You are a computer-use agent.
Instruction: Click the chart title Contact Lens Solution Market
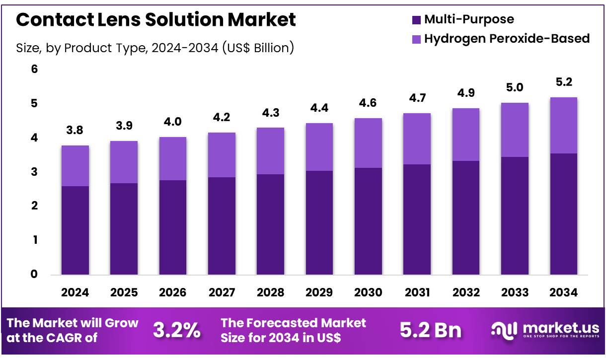[x=156, y=20]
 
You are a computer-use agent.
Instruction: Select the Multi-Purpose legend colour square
[x=416, y=20]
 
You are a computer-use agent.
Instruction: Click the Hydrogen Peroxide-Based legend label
[x=507, y=38]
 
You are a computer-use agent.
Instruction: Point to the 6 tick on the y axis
[x=34, y=70]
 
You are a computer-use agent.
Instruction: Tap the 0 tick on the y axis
[x=34, y=274]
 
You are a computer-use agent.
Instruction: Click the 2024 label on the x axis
[x=75, y=292]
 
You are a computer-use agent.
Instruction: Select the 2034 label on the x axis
[x=564, y=292]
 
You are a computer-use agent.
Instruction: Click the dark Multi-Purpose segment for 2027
[x=222, y=226]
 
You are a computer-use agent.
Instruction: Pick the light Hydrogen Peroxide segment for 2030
[x=368, y=143]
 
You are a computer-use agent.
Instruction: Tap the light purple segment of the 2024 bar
[x=75, y=166]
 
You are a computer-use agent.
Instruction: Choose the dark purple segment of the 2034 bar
[x=564, y=214]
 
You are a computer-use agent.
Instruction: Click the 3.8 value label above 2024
[x=75, y=131]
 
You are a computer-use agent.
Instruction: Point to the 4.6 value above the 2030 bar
[x=368, y=103]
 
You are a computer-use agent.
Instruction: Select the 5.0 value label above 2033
[x=515, y=88]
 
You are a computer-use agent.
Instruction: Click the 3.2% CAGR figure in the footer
[x=176, y=330]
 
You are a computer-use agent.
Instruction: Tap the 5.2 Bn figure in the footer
[x=430, y=330]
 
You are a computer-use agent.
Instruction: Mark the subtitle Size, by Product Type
[x=155, y=48]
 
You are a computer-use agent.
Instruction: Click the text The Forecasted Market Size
[x=293, y=330]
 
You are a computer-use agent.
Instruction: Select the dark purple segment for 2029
[x=319, y=222]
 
